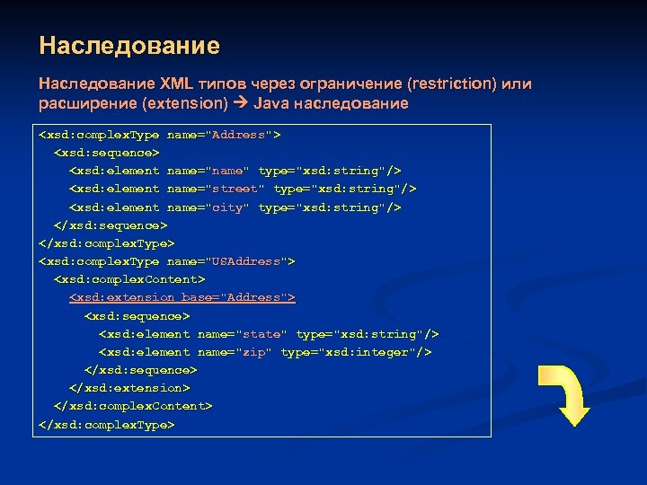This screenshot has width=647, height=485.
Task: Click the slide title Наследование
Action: (129, 45)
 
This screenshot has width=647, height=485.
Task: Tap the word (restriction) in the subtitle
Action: (450, 84)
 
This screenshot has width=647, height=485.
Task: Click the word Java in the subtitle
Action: (273, 103)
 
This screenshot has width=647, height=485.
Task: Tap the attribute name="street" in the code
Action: (216, 189)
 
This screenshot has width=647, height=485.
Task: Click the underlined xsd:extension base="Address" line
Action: (182, 297)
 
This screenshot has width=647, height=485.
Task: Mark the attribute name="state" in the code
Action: (242, 333)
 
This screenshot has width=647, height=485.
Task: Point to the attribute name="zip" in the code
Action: (235, 352)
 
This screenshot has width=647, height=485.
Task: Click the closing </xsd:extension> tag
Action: (129, 388)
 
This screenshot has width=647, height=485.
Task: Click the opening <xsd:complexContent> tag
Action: (129, 279)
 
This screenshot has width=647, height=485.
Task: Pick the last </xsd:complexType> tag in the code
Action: (107, 424)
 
